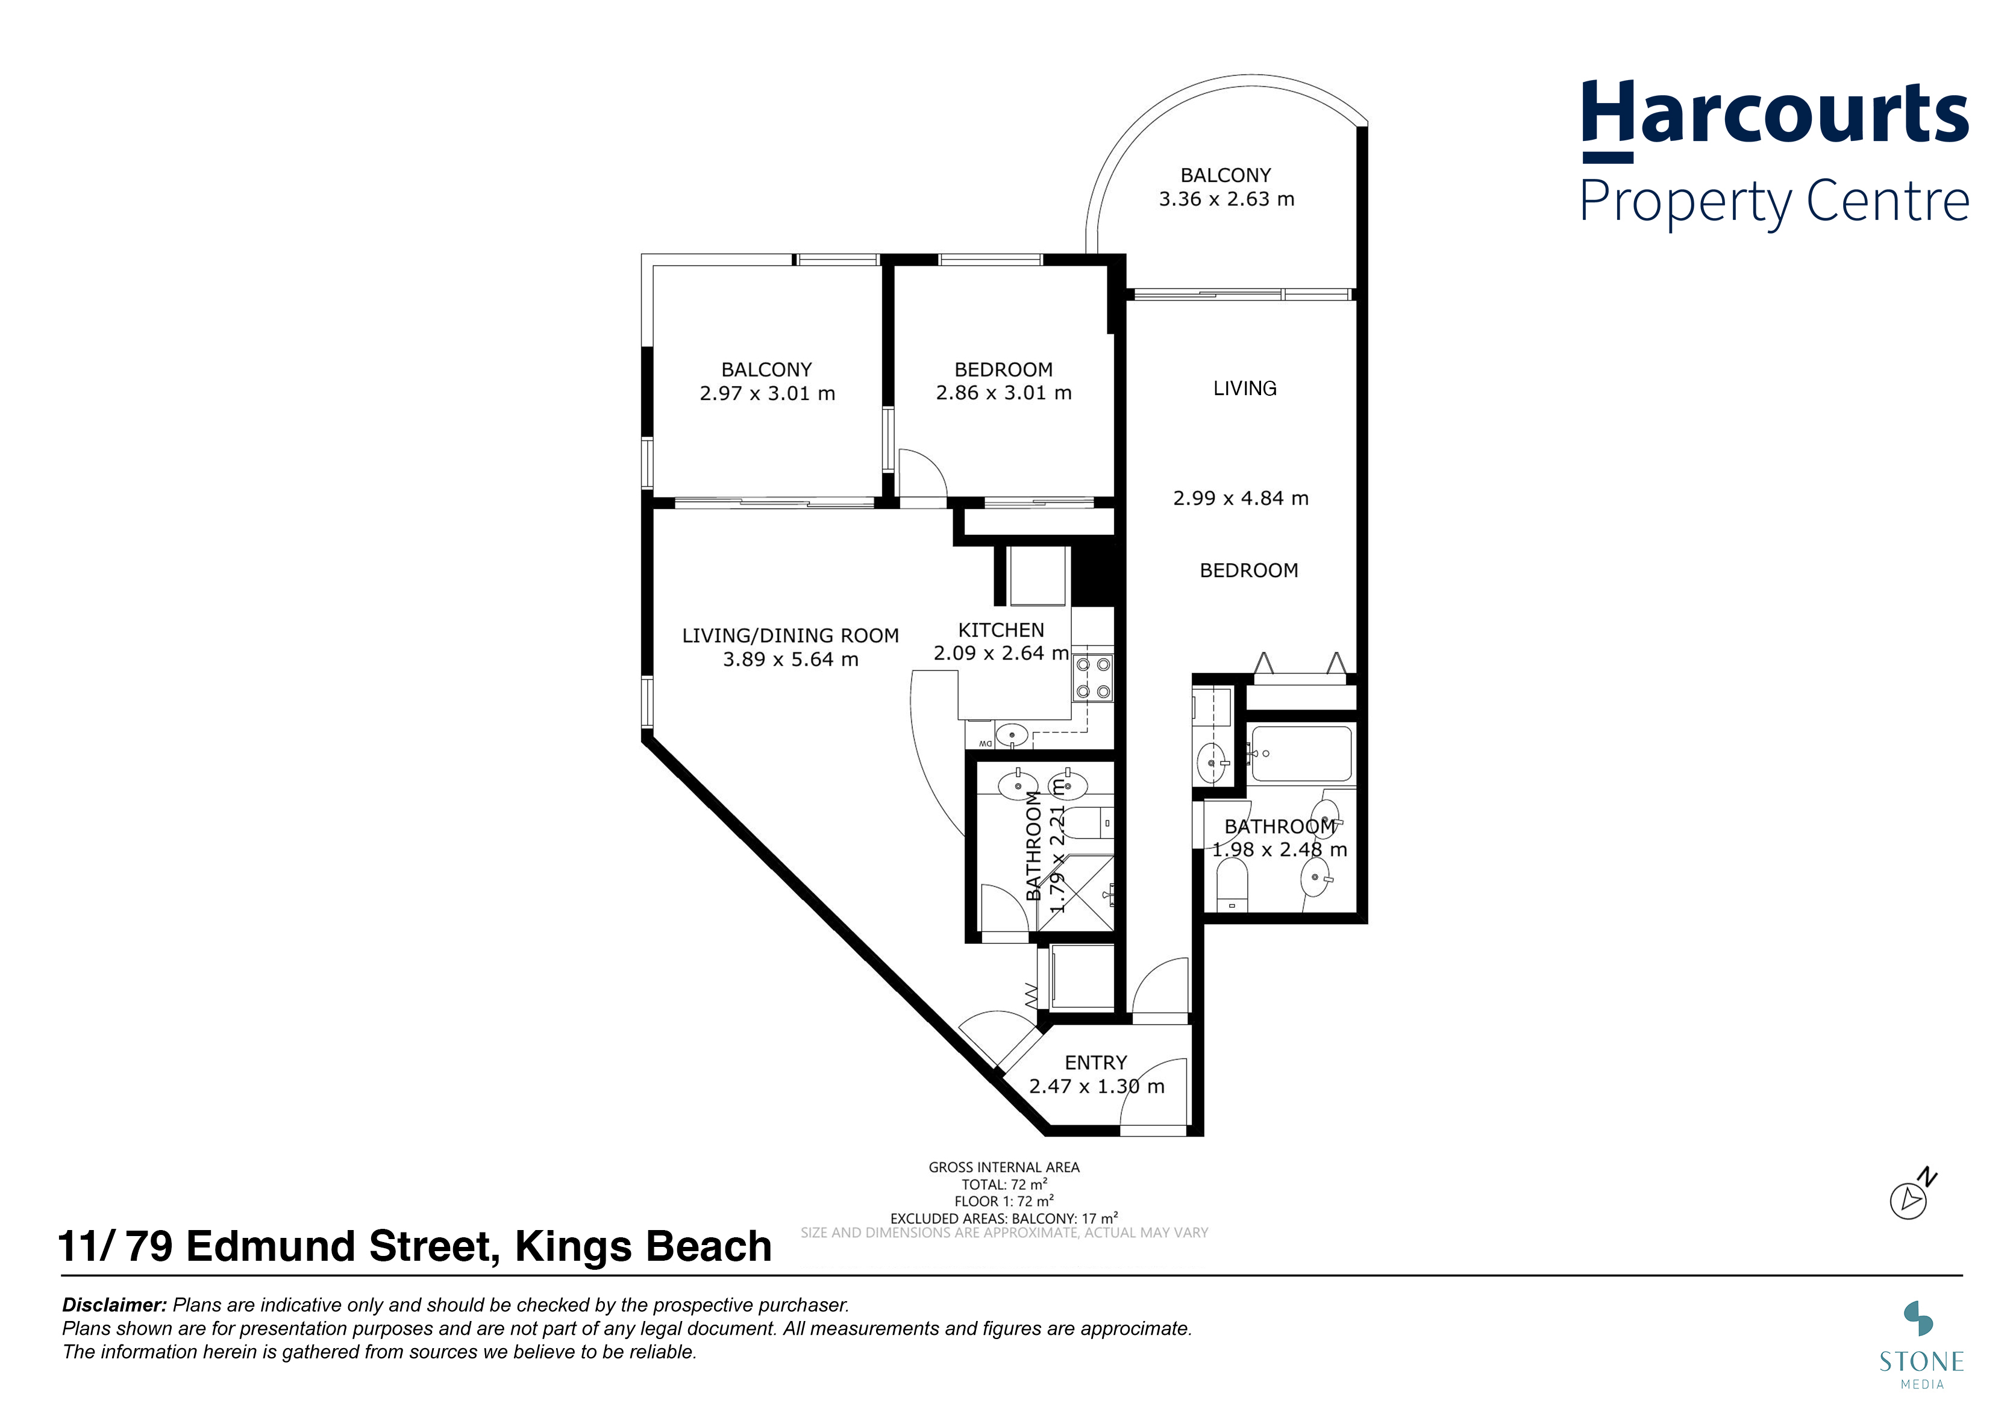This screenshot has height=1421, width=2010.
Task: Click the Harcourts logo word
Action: tap(1776, 114)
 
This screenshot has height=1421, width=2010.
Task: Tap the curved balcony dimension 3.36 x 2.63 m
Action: tap(1227, 199)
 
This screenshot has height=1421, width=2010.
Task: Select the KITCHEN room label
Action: tap(1001, 630)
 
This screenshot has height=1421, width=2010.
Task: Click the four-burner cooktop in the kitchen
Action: tap(1092, 678)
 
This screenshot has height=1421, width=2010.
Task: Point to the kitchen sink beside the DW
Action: tap(1013, 735)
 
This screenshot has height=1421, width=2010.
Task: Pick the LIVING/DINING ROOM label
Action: tap(791, 636)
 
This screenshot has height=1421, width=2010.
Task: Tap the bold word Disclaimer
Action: tap(114, 1305)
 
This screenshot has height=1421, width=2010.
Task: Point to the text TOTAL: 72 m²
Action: tap(1004, 1185)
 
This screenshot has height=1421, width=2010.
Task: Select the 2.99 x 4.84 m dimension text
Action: tap(1241, 499)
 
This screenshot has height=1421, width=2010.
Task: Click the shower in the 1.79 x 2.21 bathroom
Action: tap(1076, 893)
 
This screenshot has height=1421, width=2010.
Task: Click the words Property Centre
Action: tap(1776, 201)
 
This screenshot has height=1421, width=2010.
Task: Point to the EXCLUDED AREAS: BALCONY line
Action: tap(1004, 1218)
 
